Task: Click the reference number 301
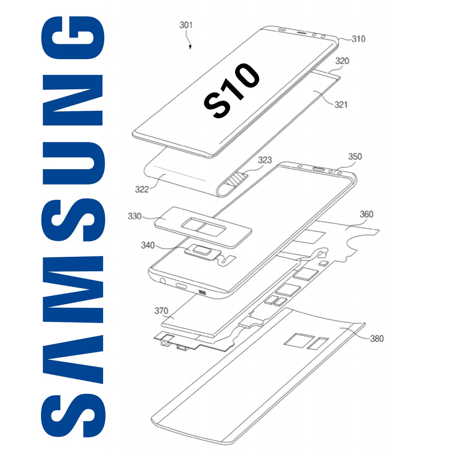(186, 25)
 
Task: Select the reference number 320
(342, 61)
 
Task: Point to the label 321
(341, 104)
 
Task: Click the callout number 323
(265, 160)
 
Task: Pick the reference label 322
(142, 189)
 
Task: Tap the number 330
(135, 216)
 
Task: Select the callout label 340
(148, 245)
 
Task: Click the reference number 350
(354, 156)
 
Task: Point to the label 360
(366, 214)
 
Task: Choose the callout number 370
(161, 311)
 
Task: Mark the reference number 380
(376, 338)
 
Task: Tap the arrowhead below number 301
(190, 47)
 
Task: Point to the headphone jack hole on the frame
(163, 281)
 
